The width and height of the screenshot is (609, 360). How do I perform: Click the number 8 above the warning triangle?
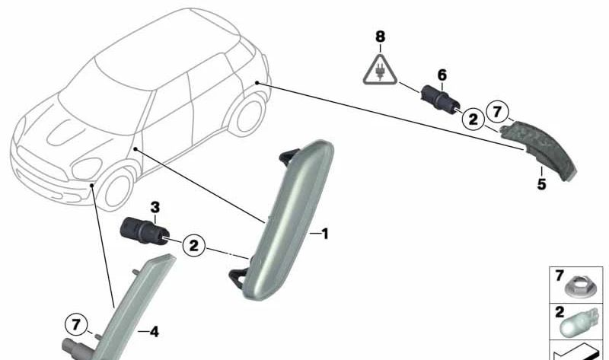point(380,37)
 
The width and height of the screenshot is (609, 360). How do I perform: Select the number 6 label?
point(442,75)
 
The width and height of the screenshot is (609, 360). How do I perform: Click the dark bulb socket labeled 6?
point(440,98)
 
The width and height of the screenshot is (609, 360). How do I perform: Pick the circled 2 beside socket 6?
point(473,119)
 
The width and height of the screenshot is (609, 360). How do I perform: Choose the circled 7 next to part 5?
point(497,112)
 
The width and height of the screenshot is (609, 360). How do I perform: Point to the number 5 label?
point(541,183)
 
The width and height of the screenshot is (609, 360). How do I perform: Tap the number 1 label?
point(325,234)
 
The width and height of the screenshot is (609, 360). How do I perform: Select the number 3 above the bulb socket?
point(155,208)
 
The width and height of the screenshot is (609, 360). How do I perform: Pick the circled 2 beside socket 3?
point(193,245)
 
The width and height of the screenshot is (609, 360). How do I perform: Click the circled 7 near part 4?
point(76,324)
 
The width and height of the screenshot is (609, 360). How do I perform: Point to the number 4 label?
point(155,332)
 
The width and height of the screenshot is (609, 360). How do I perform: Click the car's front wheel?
point(117,190)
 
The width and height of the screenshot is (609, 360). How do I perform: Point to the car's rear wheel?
point(249,116)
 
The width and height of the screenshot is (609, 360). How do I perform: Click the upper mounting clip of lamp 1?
point(289,157)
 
